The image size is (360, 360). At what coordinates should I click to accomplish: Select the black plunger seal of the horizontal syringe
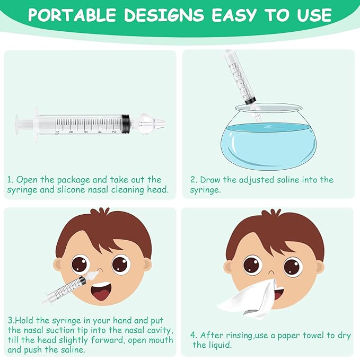click(126, 124)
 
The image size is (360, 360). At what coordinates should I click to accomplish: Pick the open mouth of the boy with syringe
click(101, 292)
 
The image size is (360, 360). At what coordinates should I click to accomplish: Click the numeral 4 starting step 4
click(193, 335)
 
